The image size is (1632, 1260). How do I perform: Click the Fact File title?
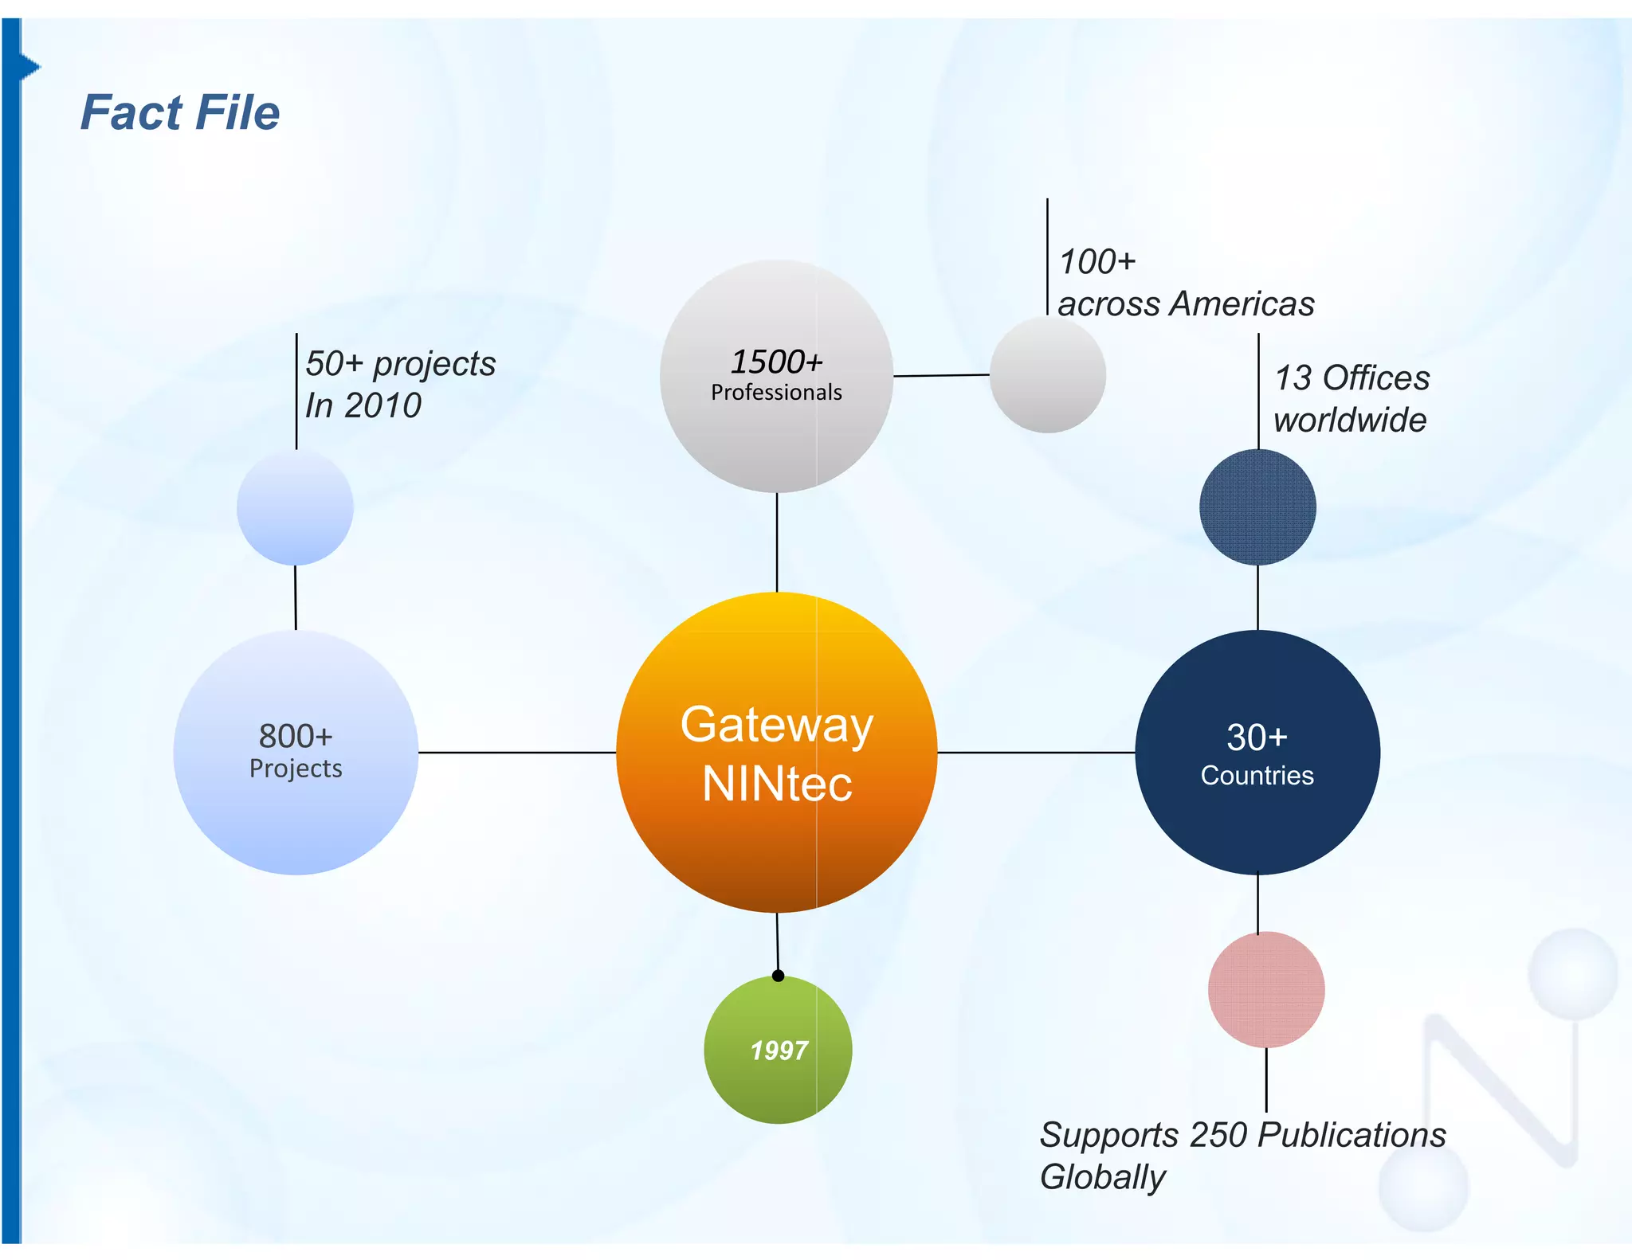pyautogui.click(x=180, y=112)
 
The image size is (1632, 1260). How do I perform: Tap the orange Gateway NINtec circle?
pyautogui.click(x=777, y=753)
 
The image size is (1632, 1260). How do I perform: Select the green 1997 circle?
pyautogui.click(x=778, y=1050)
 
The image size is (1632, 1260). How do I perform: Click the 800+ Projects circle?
pyautogui.click(x=296, y=753)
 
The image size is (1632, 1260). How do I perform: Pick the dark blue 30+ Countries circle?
pyautogui.click(x=1257, y=753)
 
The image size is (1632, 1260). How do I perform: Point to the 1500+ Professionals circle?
pyautogui.click(x=777, y=376)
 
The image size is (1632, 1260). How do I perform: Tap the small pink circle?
pyautogui.click(x=1266, y=990)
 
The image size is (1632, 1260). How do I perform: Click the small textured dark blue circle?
pyautogui.click(x=1257, y=507)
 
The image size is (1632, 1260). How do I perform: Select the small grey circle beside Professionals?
pyautogui.click(x=1047, y=374)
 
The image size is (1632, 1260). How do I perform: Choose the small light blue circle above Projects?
pyautogui.click(x=295, y=507)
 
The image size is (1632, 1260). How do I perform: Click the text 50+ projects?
pyautogui.click(x=400, y=364)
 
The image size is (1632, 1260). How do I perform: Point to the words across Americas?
pyautogui.click(x=1186, y=304)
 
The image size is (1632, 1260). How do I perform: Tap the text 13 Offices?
pyautogui.click(x=1352, y=378)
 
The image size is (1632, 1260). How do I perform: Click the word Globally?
pyautogui.click(x=1102, y=1177)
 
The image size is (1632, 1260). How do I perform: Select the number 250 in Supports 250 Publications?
pyautogui.click(x=1219, y=1135)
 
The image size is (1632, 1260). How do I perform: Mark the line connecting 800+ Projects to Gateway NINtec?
pyautogui.click(x=516, y=752)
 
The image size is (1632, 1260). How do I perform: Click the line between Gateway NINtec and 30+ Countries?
pyautogui.click(x=1036, y=752)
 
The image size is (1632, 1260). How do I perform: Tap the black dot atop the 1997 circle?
pyautogui.click(x=779, y=976)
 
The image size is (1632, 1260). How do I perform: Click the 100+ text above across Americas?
pyautogui.click(x=1097, y=262)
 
